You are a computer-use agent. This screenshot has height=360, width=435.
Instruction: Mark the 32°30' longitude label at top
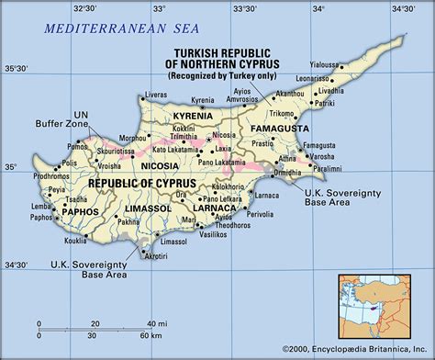[87, 7]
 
